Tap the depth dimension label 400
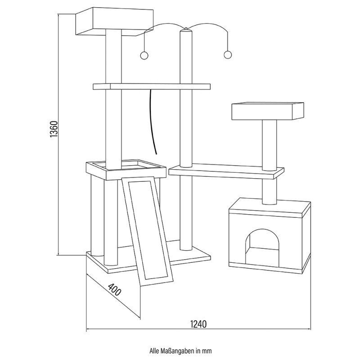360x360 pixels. point(114,289)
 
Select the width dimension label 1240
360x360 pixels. point(198,324)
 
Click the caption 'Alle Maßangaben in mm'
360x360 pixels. point(180,351)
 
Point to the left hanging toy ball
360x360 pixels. point(144,55)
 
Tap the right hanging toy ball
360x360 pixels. point(228,54)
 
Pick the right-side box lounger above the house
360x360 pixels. point(268,111)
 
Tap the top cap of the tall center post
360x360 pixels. point(185,29)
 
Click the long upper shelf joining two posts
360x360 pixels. point(152,86)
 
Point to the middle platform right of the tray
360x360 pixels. point(226,171)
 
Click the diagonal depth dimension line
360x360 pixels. point(113,296)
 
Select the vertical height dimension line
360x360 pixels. point(58,135)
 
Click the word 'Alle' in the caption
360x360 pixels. point(154,351)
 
